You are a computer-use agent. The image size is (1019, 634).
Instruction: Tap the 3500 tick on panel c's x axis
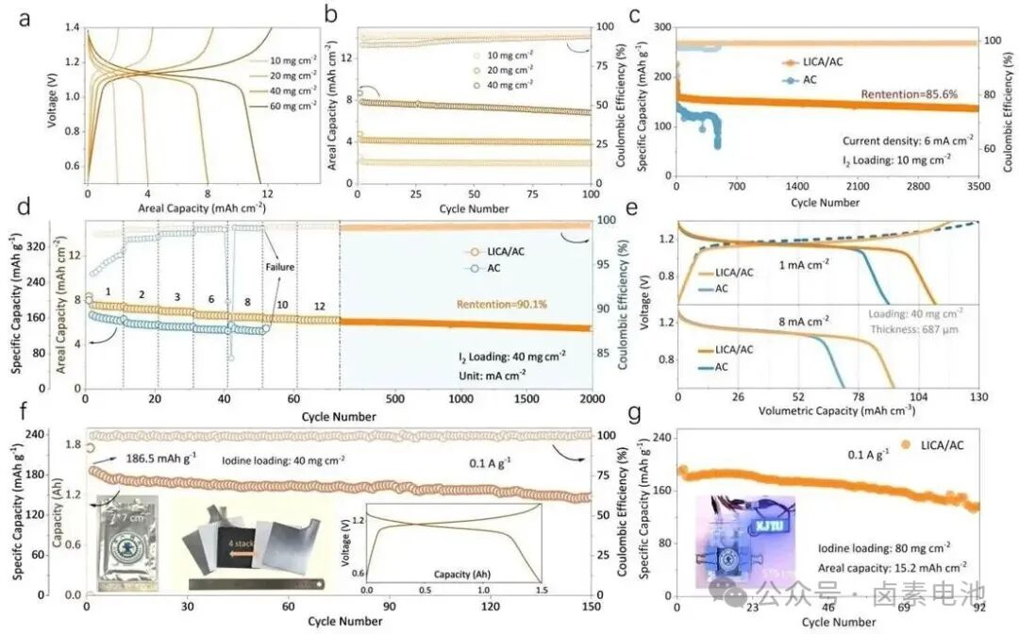(977, 188)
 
